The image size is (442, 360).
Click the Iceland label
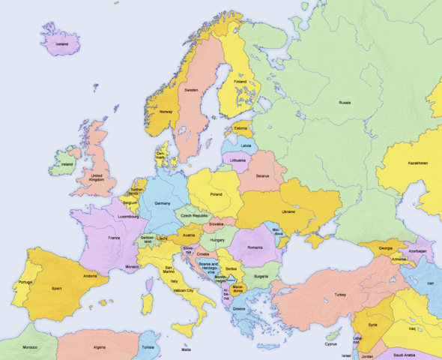(61, 44)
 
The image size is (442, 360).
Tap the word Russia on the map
(345, 102)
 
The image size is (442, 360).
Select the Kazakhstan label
(418, 163)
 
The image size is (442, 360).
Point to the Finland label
(240, 81)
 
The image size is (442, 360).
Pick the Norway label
(166, 112)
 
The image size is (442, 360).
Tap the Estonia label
(240, 127)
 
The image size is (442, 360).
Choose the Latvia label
(246, 145)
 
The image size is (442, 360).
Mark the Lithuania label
(238, 160)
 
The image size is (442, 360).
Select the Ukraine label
(288, 211)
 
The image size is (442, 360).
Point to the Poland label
(216, 193)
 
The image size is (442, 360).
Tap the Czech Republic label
(195, 215)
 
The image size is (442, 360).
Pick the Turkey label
(341, 295)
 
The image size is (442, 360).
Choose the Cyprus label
(331, 344)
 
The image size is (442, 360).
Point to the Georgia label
(385, 248)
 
